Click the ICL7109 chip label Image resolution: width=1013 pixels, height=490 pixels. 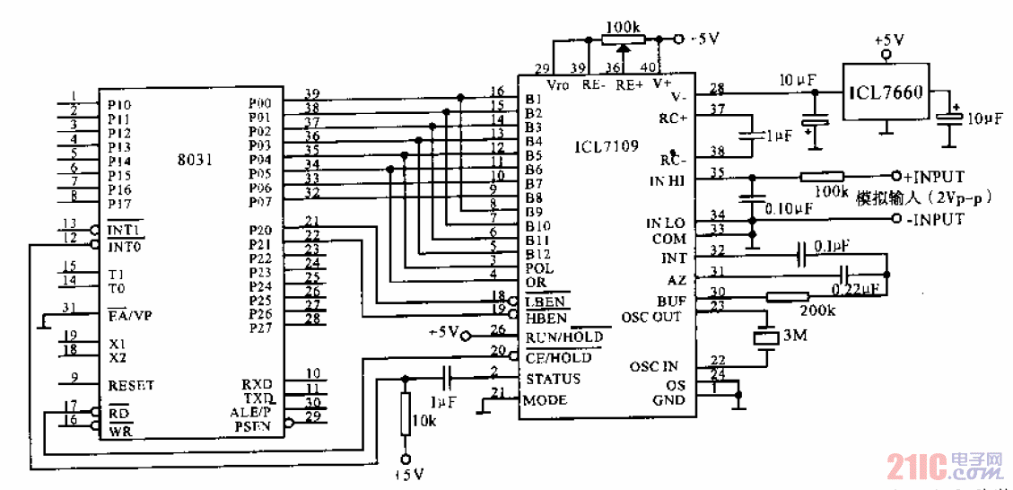point(607,145)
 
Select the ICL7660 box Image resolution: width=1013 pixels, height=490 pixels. point(886,91)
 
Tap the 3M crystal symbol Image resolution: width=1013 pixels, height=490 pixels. point(765,337)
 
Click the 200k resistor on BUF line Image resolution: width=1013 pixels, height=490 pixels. point(788,296)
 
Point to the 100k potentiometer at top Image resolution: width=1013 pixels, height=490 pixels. point(623,39)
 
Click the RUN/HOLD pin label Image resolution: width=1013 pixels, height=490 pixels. point(563,337)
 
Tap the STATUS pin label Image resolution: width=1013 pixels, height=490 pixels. point(553,379)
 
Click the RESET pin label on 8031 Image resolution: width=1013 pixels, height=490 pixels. point(131,385)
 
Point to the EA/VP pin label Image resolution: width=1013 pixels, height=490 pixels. point(131,315)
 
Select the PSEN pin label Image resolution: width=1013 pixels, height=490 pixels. point(252,426)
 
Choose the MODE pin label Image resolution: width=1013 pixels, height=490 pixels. point(546,400)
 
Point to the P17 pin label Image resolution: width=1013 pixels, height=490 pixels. point(119,203)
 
